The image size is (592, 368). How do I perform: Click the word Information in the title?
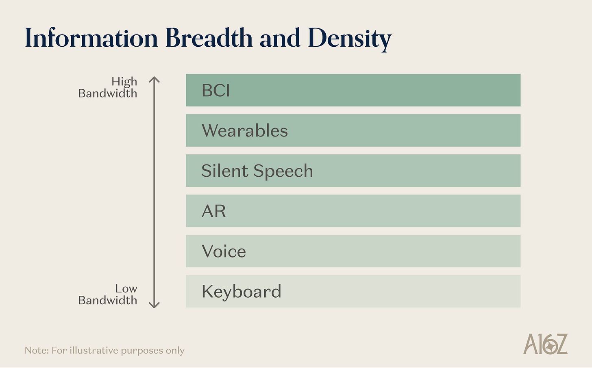click(91, 38)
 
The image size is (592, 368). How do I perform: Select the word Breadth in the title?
click(209, 38)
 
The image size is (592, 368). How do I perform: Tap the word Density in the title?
click(350, 39)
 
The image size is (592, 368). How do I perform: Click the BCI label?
click(216, 90)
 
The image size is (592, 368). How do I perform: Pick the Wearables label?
click(245, 131)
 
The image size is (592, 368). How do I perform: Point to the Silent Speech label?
click(257, 171)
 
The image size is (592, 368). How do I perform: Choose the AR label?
click(213, 211)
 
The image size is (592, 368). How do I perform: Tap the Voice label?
click(224, 251)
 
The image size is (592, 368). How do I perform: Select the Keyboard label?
click(241, 292)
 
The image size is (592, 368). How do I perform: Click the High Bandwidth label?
click(108, 87)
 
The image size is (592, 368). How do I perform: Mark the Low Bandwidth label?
click(108, 294)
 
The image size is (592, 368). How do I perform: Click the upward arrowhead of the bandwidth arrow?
click(154, 79)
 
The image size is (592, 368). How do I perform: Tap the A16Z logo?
click(545, 344)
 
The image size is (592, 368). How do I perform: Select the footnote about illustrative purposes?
click(104, 350)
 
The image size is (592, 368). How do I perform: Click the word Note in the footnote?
click(36, 350)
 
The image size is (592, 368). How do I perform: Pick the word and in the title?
click(280, 38)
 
